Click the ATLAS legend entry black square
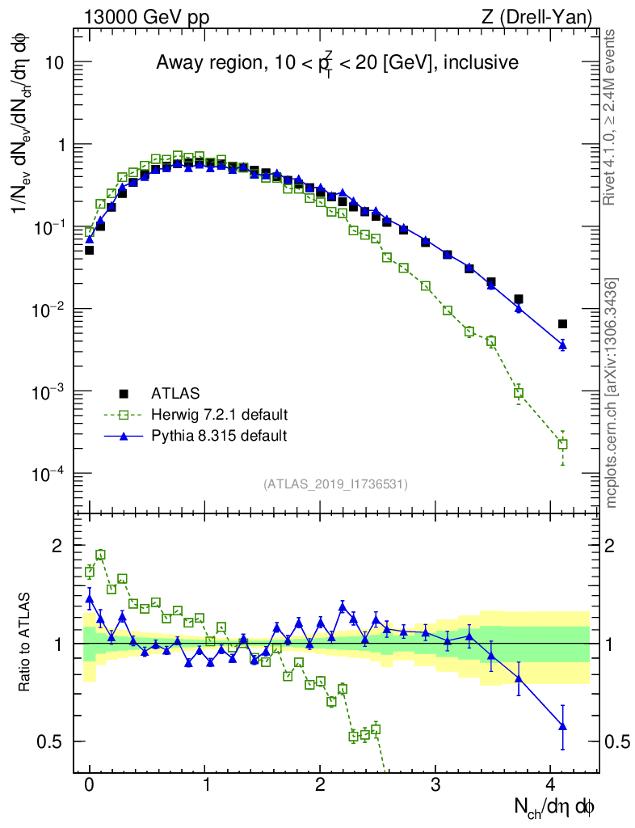click(x=124, y=394)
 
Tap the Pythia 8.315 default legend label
click(x=219, y=436)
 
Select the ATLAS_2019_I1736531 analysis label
click(x=335, y=484)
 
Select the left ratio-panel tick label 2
click(x=57, y=546)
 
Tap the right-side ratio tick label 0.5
click(x=616, y=741)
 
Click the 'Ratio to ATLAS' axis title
click(x=26, y=643)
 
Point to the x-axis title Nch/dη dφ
click(x=556, y=806)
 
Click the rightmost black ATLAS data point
click(x=562, y=324)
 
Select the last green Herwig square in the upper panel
click(x=562, y=444)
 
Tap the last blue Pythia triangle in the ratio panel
click(x=562, y=726)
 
